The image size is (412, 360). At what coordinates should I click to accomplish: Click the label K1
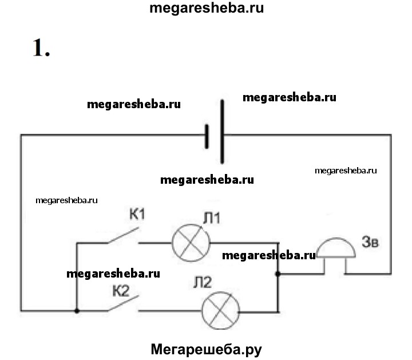coord(138,215)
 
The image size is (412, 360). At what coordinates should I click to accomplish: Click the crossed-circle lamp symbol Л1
coord(188,242)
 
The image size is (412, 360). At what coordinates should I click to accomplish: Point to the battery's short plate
coord(207,136)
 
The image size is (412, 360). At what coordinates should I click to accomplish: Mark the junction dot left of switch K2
coord(77,311)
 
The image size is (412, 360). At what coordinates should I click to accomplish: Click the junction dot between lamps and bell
coord(278,274)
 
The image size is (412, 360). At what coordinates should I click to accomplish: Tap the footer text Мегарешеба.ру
coord(205,348)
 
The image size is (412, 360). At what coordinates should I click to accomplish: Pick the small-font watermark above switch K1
coord(67,200)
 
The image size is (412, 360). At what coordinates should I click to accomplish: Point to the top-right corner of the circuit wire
coord(392,135)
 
